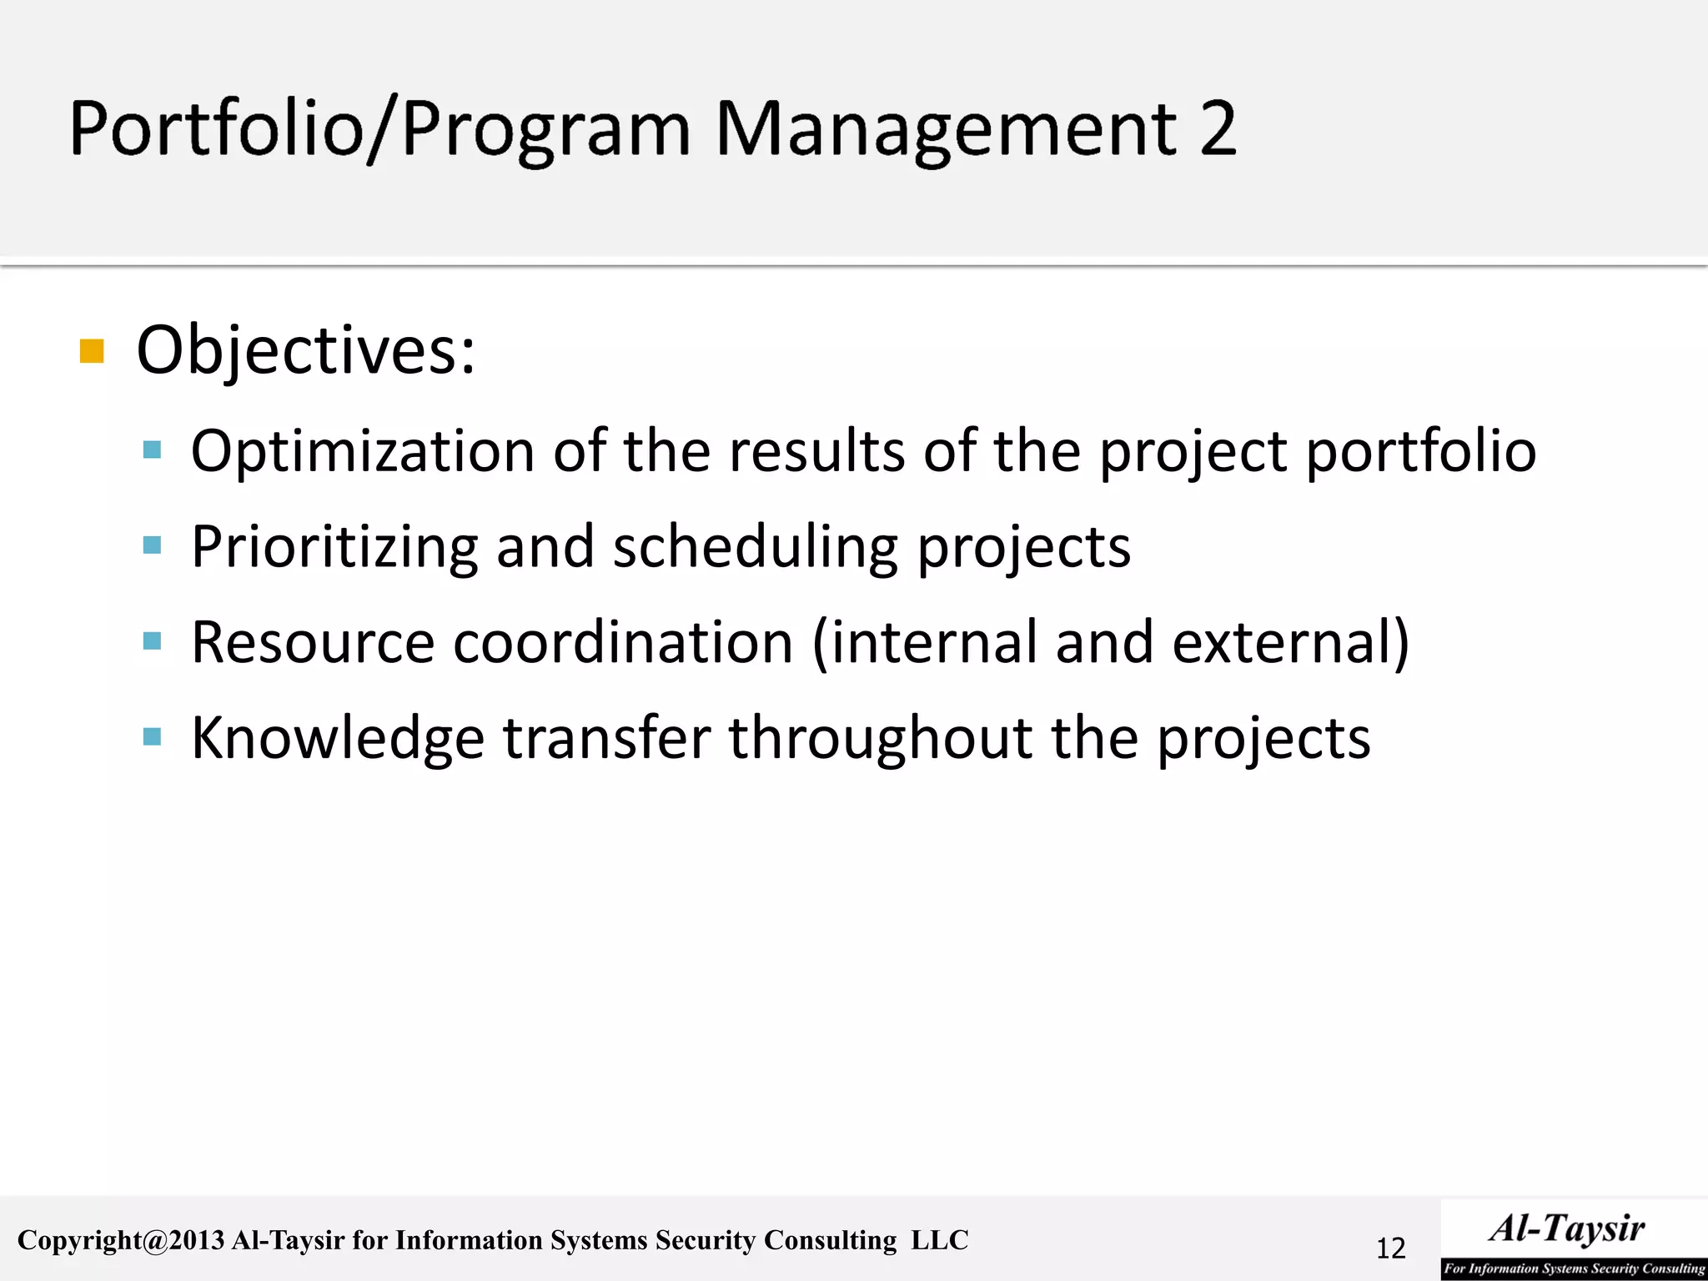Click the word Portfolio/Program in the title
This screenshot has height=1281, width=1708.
380,130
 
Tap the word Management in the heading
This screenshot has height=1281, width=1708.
946,130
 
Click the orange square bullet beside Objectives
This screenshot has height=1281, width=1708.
92,351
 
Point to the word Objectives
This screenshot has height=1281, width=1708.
306,351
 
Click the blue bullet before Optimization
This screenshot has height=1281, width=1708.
152,451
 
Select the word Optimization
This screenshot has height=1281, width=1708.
363,451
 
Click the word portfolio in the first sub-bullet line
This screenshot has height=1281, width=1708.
1421,451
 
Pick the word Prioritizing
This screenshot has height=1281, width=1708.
334,547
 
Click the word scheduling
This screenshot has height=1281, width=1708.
755,547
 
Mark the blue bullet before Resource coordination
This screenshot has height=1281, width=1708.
152,641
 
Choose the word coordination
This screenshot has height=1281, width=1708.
623,642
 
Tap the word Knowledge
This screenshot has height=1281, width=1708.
338,738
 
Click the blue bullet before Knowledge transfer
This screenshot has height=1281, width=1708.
152,737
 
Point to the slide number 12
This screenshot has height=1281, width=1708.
1390,1248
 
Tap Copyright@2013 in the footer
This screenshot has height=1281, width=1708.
121,1240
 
